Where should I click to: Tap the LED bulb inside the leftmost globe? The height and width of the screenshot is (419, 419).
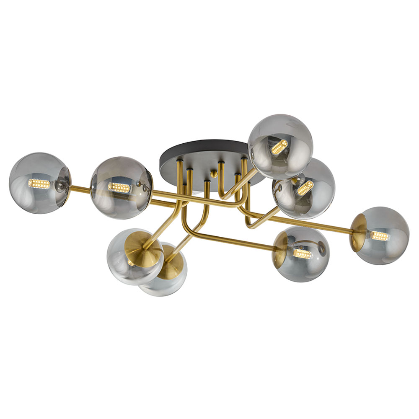[x=39, y=184]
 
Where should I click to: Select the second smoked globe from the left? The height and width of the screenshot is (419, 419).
[x=121, y=188]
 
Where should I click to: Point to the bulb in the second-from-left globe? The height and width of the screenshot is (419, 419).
[x=119, y=187]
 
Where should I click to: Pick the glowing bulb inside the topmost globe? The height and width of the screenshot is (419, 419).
[x=279, y=147]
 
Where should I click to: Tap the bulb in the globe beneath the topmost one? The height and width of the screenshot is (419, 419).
[x=305, y=188]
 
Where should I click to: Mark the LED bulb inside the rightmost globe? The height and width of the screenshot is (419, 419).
[x=380, y=236]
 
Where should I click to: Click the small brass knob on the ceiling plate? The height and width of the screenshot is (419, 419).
[x=214, y=173]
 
